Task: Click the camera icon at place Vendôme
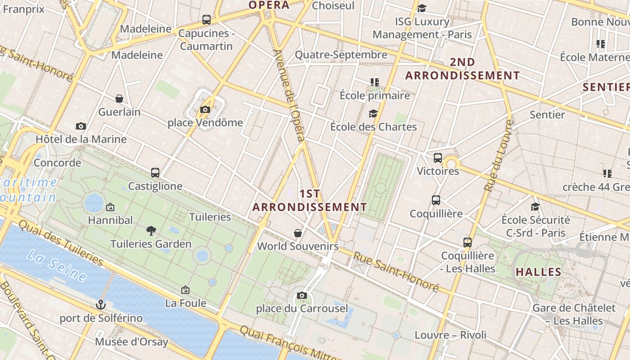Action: click(x=205, y=109)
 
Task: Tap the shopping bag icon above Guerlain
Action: click(x=119, y=99)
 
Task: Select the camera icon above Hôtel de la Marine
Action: click(x=81, y=126)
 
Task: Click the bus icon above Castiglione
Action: click(x=155, y=172)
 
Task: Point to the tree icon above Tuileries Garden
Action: click(x=151, y=231)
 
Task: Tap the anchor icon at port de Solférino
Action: click(x=101, y=305)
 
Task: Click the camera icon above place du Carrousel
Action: click(x=302, y=296)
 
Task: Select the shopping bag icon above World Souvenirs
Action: click(x=298, y=233)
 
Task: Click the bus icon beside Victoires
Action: click(x=438, y=158)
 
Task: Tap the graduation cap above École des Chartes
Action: click(x=373, y=113)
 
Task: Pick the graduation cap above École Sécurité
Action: click(x=535, y=207)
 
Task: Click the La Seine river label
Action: click(x=57, y=265)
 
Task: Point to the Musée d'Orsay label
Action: click(x=131, y=342)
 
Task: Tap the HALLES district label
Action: click(x=539, y=272)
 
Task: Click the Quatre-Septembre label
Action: click(x=341, y=55)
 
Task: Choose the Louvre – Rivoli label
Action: click(x=450, y=335)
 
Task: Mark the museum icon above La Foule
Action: click(x=185, y=290)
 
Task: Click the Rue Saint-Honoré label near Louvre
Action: click(x=396, y=271)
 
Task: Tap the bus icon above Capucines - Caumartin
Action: click(x=207, y=20)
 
